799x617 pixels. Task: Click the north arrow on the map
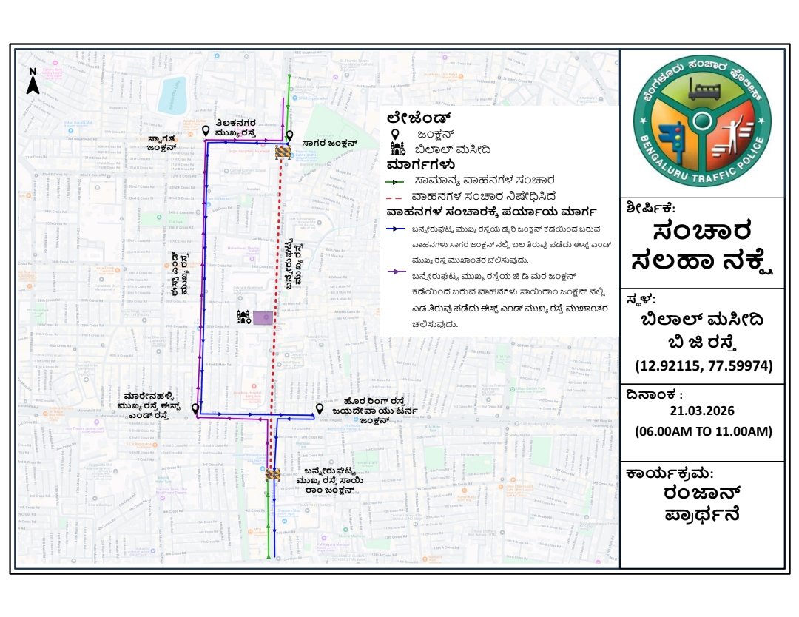click(x=33, y=82)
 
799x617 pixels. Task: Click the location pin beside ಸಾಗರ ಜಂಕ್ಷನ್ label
click(x=290, y=136)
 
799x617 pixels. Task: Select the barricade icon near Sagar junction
click(x=282, y=152)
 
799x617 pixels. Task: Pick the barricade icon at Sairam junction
click(x=273, y=473)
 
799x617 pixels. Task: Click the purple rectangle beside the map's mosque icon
click(x=263, y=318)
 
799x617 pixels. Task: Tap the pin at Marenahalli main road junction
click(x=195, y=409)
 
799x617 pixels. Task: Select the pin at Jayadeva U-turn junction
click(x=320, y=409)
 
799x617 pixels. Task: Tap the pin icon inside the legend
click(x=396, y=135)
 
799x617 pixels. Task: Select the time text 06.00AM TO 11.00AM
click(x=702, y=431)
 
